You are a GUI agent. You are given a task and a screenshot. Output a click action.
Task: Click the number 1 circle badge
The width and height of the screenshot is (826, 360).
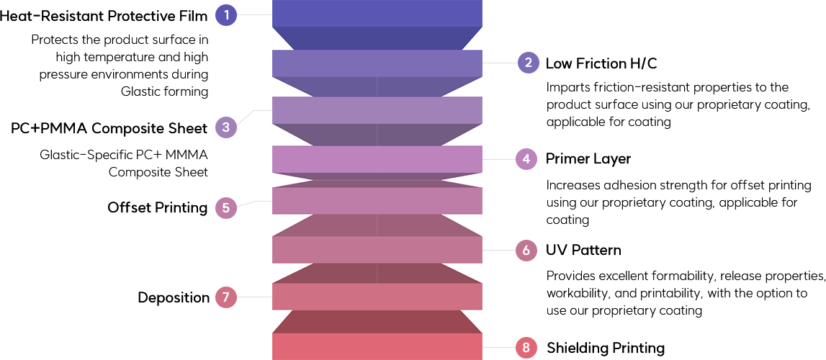pyautogui.click(x=227, y=14)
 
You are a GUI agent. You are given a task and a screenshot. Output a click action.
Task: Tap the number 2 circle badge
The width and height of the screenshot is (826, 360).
pyautogui.click(x=529, y=63)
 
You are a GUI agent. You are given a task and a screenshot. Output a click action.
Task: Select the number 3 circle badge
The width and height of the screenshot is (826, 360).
pyautogui.click(x=226, y=128)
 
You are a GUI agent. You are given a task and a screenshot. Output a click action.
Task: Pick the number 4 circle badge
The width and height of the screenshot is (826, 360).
pyautogui.click(x=526, y=158)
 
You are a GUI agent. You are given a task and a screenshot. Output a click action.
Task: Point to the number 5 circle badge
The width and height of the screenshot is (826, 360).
pyautogui.click(x=226, y=208)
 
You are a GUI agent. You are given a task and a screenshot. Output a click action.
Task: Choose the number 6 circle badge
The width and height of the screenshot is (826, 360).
pyautogui.click(x=526, y=251)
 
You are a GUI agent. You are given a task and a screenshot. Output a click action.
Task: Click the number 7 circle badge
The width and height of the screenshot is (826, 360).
pyautogui.click(x=226, y=297)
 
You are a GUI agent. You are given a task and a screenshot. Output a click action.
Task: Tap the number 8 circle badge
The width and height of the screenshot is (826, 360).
pyautogui.click(x=526, y=348)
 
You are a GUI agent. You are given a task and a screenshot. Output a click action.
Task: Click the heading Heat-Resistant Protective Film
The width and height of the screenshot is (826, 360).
pyautogui.click(x=104, y=15)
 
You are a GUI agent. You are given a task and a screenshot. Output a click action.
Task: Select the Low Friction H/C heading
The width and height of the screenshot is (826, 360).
pyautogui.click(x=601, y=63)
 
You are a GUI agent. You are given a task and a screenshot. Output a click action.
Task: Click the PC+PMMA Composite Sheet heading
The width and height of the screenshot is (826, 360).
pyautogui.click(x=109, y=129)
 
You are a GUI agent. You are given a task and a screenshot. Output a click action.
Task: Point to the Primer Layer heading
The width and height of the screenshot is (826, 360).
pyautogui.click(x=588, y=158)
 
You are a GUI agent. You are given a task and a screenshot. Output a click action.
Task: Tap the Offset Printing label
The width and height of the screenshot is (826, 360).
pyautogui.click(x=158, y=208)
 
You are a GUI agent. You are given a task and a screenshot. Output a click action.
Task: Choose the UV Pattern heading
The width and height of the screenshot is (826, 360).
pyautogui.click(x=583, y=251)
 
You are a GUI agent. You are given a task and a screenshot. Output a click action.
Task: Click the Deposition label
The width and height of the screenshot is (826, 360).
pyautogui.click(x=174, y=297)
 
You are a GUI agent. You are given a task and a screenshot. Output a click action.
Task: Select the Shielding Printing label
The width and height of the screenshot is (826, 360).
pyautogui.click(x=606, y=348)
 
